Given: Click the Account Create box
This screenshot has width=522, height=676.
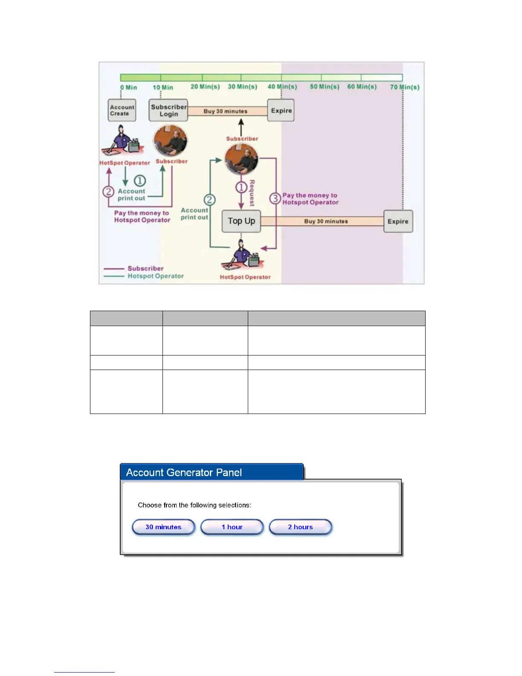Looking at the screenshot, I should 122,111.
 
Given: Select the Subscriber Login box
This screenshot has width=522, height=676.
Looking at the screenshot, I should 168,111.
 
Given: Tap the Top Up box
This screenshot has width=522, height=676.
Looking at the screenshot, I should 241,221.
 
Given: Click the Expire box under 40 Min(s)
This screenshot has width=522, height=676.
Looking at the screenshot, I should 281,111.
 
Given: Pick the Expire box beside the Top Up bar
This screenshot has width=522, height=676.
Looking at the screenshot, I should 398,221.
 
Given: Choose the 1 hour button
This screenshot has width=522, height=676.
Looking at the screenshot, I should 232,527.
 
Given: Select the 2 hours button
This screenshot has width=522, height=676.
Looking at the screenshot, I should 300,527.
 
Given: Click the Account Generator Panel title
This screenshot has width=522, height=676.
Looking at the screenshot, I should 184,472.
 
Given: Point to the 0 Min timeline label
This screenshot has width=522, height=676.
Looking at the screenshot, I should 128,87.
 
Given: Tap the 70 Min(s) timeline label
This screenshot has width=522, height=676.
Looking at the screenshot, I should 405,87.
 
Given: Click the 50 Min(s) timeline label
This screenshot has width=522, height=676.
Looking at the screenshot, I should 325,87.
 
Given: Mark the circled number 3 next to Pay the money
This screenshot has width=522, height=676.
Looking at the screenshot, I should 275,198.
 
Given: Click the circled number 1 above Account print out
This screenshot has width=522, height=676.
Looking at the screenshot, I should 140,181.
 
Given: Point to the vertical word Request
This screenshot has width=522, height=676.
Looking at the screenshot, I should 252,193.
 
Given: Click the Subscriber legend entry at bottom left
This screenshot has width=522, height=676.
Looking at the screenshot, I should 145,268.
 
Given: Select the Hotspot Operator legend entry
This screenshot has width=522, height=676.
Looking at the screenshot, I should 155,276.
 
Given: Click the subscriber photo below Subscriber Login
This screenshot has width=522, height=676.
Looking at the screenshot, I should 170,141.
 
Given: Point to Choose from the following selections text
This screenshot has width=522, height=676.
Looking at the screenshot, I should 194,505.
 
